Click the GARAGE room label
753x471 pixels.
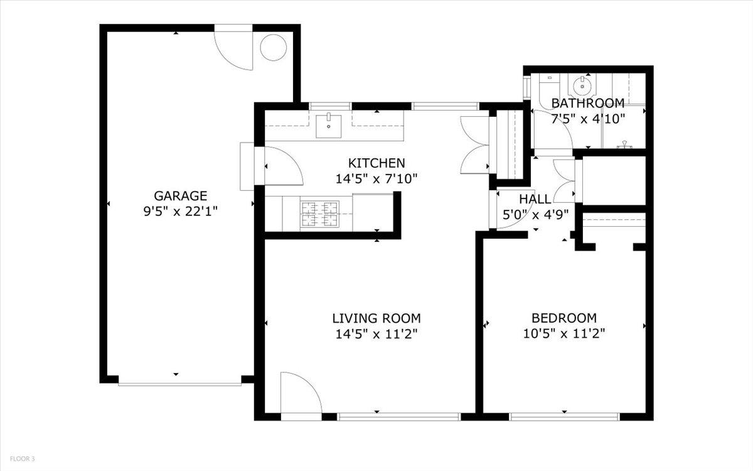(180, 195)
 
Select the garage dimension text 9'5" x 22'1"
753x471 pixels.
(180, 211)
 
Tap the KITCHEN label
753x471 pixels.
(376, 163)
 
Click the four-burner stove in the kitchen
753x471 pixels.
(320, 213)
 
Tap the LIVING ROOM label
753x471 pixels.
(376, 318)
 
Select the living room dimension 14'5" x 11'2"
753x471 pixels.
(376, 333)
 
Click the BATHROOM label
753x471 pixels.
(587, 103)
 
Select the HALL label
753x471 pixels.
(535, 199)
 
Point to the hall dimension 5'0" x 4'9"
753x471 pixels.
(536, 214)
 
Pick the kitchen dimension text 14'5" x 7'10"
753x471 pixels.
(376, 179)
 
